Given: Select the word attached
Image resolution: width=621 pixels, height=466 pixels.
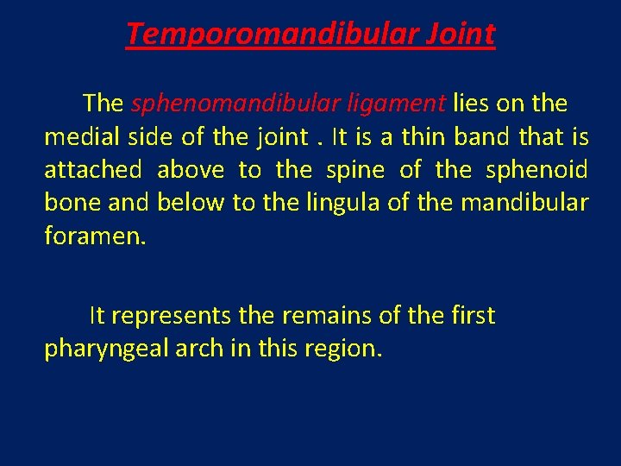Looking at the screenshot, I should click(x=92, y=170).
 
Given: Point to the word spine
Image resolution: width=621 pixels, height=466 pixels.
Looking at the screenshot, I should click(x=357, y=170).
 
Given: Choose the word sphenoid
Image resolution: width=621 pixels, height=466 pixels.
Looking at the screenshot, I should click(x=537, y=170).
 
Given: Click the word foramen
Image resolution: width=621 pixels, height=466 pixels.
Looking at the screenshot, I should click(x=94, y=236).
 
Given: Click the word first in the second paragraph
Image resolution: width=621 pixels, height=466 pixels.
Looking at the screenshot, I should click(x=473, y=317).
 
